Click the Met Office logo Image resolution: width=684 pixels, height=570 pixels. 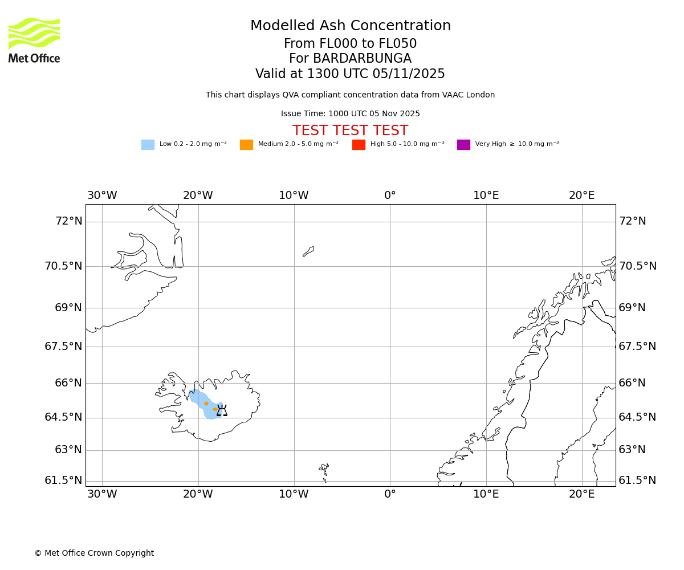pyautogui.click(x=34, y=40)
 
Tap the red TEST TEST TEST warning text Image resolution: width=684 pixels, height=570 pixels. pyautogui.click(x=350, y=131)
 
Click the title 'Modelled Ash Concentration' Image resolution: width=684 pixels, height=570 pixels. pyautogui.click(x=350, y=26)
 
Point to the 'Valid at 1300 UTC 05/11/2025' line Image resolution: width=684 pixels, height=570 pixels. pyautogui.click(x=350, y=74)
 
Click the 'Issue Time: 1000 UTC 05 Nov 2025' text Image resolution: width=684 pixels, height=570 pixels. pyautogui.click(x=350, y=113)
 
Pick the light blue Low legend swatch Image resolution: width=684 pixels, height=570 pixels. pyautogui.click(x=148, y=144)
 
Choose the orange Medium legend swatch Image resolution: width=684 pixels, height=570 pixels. pyautogui.click(x=246, y=144)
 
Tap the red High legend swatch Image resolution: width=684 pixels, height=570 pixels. pyautogui.click(x=359, y=144)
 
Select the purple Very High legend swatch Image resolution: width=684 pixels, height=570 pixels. pyautogui.click(x=463, y=144)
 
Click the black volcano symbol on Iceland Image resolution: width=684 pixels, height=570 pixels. pyautogui.click(x=222, y=410)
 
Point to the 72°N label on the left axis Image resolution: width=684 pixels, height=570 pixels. pyautogui.click(x=68, y=221)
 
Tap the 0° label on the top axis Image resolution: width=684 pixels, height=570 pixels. pyautogui.click(x=390, y=196)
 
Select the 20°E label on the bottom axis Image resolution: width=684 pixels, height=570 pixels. pyautogui.click(x=581, y=494)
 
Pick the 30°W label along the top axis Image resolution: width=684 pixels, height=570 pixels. pyautogui.click(x=102, y=196)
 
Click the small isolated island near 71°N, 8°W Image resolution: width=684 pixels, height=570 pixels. pyautogui.click(x=308, y=251)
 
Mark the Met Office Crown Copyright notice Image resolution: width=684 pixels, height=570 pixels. pyautogui.click(x=94, y=553)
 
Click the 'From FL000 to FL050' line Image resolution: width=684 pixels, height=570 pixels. pyautogui.click(x=350, y=44)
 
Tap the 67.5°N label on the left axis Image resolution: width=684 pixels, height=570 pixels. pyautogui.click(x=63, y=346)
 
